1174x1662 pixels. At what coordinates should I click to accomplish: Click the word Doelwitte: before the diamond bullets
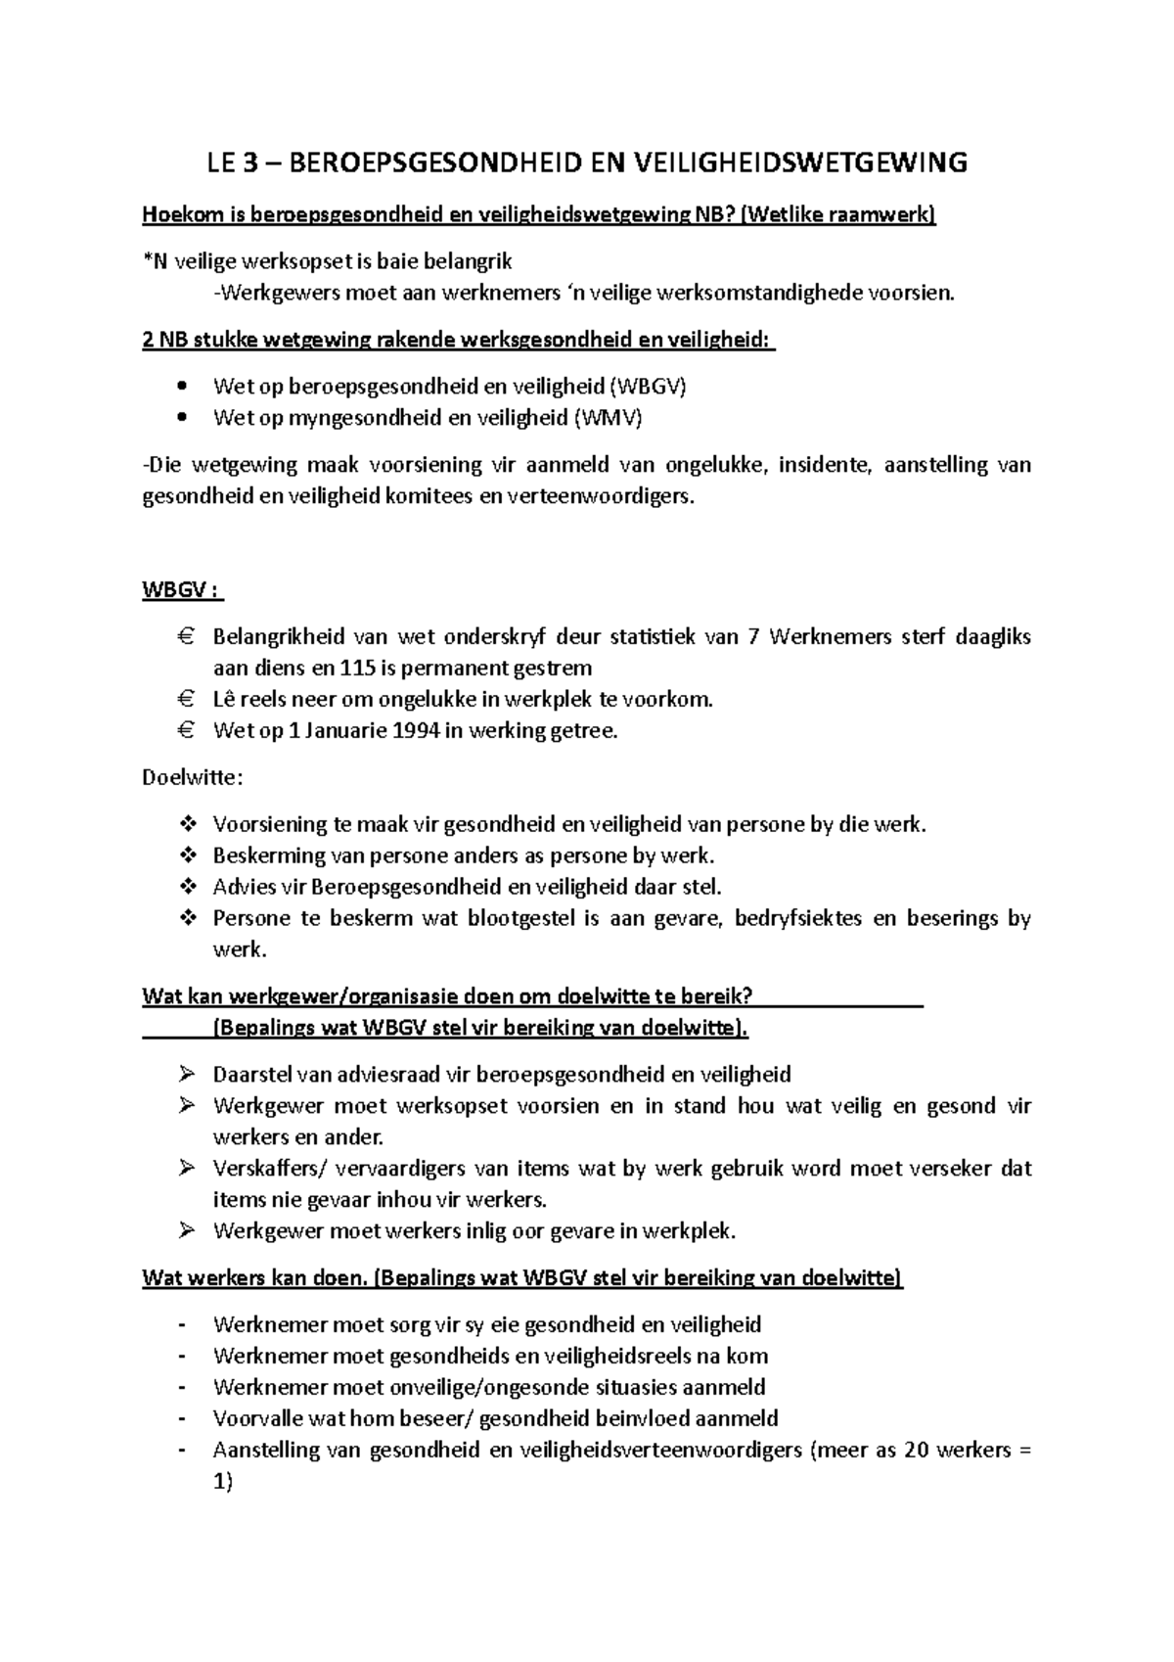pos(192,778)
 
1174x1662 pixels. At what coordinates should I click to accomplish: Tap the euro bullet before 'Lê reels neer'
pos(186,700)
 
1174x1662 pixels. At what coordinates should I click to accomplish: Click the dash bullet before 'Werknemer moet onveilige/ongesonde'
pos(182,1388)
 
